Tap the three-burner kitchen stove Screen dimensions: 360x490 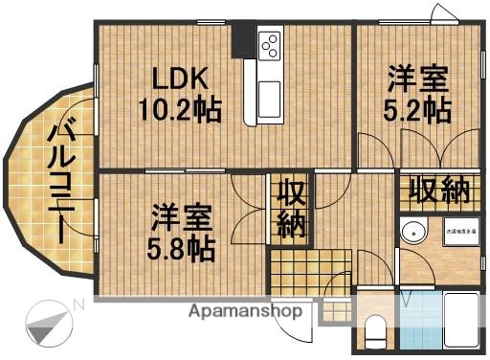[269, 45]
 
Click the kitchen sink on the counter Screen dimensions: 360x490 [267, 97]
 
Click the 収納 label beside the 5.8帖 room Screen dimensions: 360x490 [291, 210]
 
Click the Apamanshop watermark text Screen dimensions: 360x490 [245, 311]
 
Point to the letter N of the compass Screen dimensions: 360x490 [78, 304]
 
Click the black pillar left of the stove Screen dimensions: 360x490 [247, 37]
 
